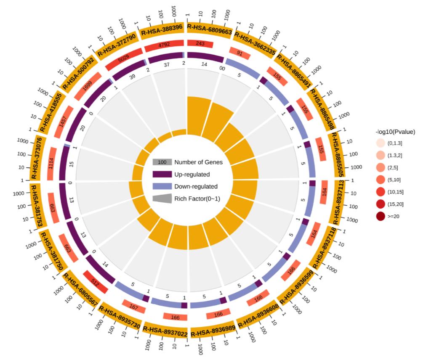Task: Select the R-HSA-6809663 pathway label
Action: [x=209, y=28]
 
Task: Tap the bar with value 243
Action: [x=200, y=44]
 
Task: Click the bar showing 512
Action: [x=95, y=281]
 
